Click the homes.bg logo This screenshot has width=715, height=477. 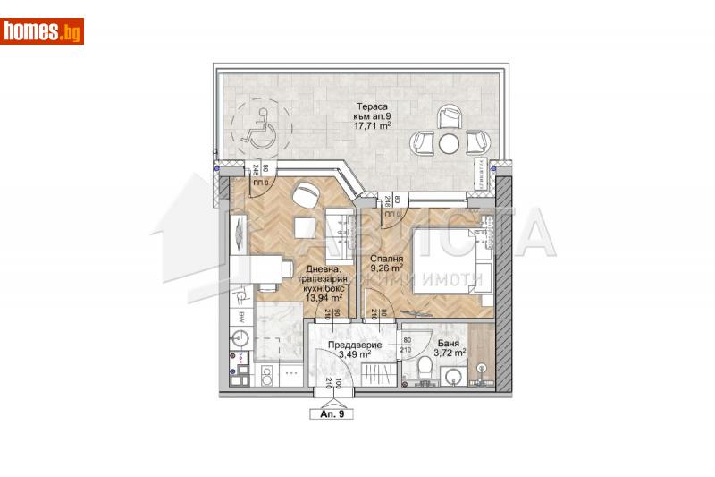(x=43, y=31)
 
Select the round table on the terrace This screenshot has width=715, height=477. (x=449, y=142)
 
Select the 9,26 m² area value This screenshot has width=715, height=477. (x=387, y=266)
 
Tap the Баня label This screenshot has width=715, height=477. (x=449, y=344)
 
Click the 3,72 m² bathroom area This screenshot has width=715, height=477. (x=449, y=354)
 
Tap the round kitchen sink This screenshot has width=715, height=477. (x=239, y=339)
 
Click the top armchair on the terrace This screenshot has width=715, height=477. (x=449, y=115)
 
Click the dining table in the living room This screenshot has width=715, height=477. (x=273, y=268)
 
